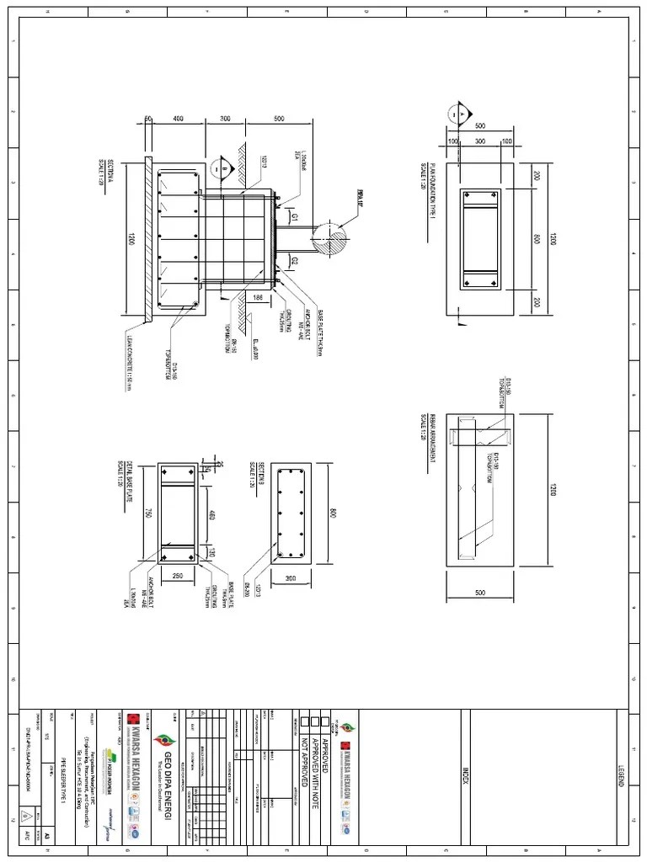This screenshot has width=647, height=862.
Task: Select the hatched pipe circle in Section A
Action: click(x=329, y=237)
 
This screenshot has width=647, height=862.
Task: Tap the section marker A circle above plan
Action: click(x=458, y=113)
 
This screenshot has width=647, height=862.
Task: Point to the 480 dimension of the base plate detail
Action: click(x=212, y=515)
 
